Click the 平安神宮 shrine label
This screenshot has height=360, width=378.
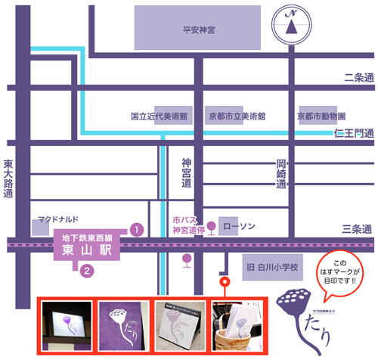tap(199, 30)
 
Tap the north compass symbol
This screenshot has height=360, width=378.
tap(290, 24)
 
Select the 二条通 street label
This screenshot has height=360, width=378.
tap(358, 77)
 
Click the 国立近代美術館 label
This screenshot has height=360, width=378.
tap(159, 117)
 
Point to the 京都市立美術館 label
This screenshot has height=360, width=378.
tap(238, 117)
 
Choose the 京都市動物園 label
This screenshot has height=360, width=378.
tap(321, 117)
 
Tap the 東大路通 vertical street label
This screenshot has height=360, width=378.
tap(8, 178)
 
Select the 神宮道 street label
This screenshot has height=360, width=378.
tap(187, 173)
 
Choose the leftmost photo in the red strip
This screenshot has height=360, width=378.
tap(67, 325)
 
